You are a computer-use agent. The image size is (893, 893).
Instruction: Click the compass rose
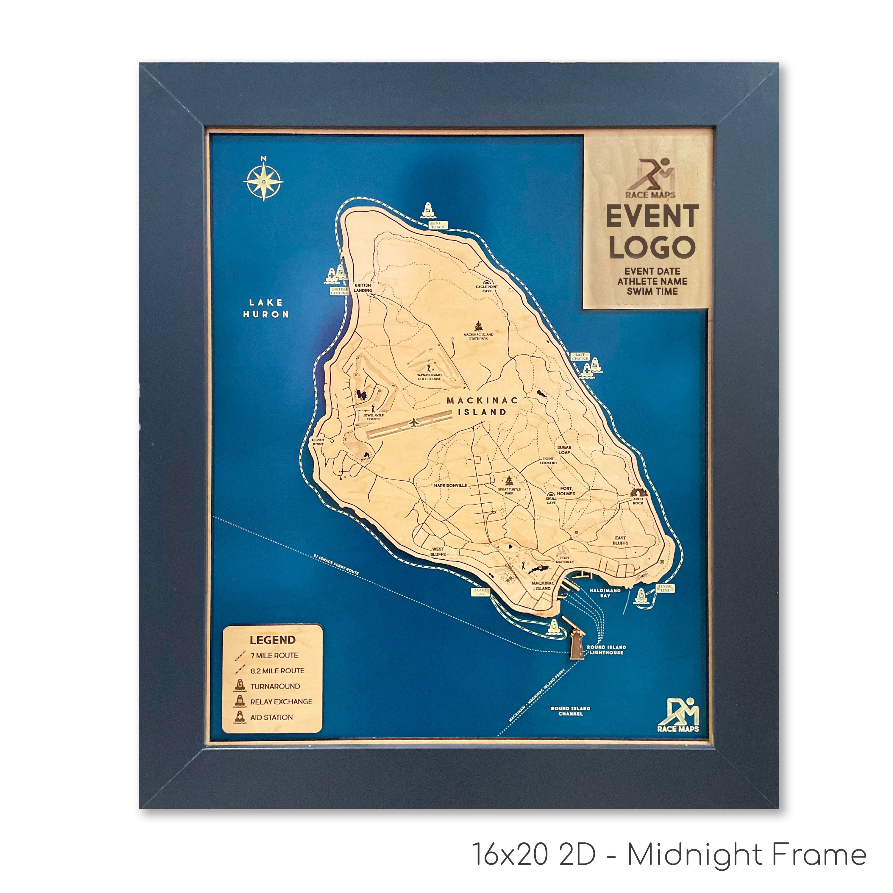click(x=263, y=181)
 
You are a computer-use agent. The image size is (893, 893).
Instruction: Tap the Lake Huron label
click(x=266, y=308)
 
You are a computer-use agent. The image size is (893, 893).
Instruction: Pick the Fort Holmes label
click(x=566, y=491)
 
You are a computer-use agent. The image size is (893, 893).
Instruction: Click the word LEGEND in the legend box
click(x=272, y=640)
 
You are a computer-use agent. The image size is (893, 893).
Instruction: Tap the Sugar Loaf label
click(x=564, y=450)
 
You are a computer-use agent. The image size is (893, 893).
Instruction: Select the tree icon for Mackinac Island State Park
click(x=478, y=325)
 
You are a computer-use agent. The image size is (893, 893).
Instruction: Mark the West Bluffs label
click(x=438, y=552)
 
